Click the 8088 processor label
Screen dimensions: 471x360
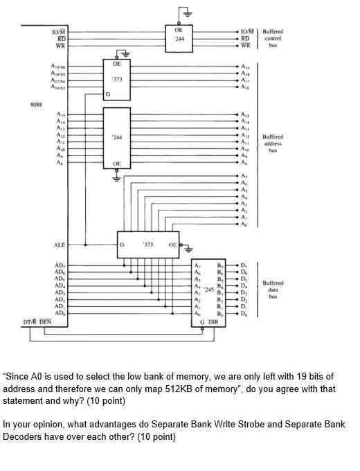click(x=36, y=105)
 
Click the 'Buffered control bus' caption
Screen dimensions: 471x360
click(x=273, y=38)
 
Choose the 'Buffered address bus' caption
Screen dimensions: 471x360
click(x=273, y=143)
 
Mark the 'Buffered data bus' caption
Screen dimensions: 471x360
click(x=273, y=290)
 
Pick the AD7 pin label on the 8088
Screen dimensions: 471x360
click(x=60, y=265)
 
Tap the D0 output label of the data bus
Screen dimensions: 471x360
click(x=244, y=314)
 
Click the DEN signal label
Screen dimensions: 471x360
click(x=46, y=323)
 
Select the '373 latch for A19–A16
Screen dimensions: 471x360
click(x=117, y=80)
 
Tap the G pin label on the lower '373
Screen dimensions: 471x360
click(x=123, y=245)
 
